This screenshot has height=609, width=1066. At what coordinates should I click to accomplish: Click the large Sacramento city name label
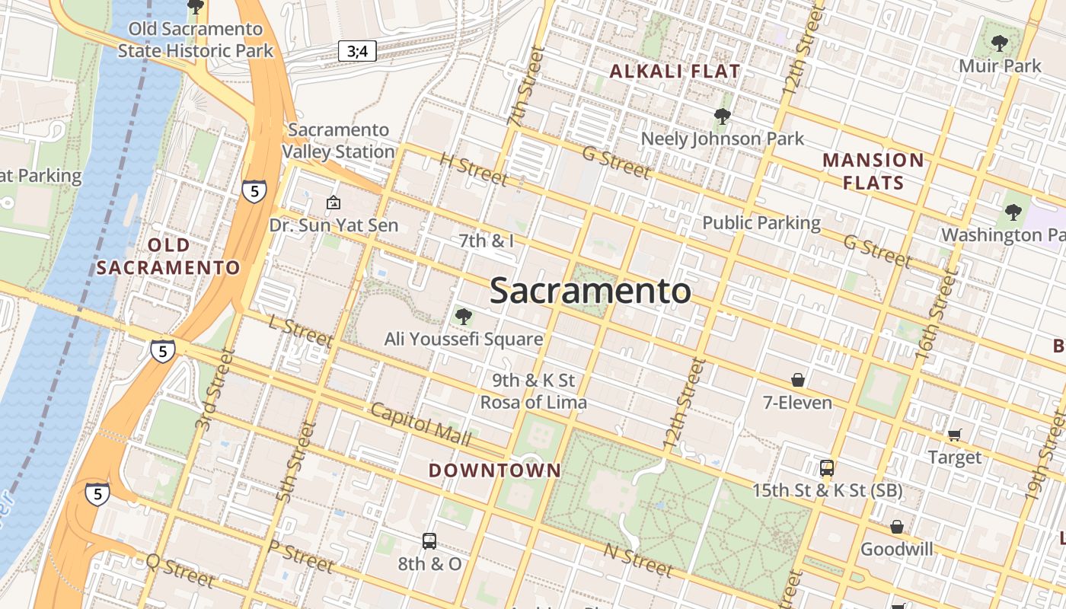(x=590, y=292)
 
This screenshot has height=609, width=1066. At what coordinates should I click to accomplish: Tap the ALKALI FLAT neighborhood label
(x=675, y=72)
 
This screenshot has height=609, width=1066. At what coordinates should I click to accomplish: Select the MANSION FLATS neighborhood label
(x=873, y=171)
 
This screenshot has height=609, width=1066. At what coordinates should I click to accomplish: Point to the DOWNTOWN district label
(x=495, y=470)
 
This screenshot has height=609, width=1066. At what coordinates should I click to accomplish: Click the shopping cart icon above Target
(x=955, y=435)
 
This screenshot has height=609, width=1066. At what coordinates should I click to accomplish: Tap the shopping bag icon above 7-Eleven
(x=798, y=379)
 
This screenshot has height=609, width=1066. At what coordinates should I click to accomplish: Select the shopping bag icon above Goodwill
(x=897, y=527)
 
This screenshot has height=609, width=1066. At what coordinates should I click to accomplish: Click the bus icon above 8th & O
(x=429, y=541)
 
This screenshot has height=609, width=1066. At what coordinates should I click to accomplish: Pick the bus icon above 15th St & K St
(x=827, y=468)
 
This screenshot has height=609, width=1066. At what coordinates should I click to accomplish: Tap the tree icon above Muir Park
(x=1000, y=43)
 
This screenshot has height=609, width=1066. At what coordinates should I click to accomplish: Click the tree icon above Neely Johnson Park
(x=722, y=116)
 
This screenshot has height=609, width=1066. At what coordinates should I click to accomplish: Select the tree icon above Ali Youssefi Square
(x=463, y=317)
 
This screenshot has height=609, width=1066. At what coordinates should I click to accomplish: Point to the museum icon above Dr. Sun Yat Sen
(x=334, y=202)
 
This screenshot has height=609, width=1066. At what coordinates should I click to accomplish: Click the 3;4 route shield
(x=357, y=51)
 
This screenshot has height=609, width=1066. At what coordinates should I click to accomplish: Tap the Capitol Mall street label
(x=420, y=424)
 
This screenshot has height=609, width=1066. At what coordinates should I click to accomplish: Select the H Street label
(x=474, y=170)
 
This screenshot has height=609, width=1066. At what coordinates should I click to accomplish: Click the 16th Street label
(x=935, y=315)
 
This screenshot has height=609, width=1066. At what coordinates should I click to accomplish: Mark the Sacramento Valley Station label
(x=339, y=141)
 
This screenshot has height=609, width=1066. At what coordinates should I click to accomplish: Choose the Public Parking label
(x=761, y=223)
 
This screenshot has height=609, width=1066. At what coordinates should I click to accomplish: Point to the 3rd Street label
(x=214, y=390)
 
